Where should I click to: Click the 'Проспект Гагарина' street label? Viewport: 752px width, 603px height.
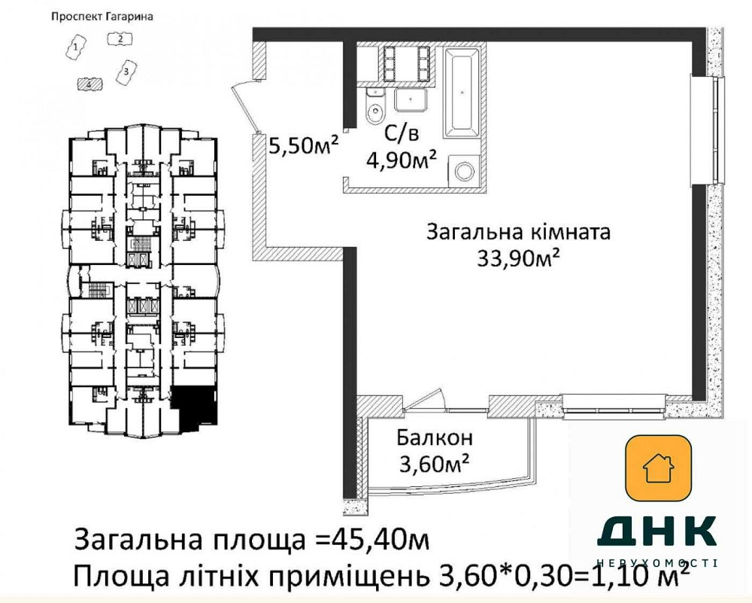click(102, 17)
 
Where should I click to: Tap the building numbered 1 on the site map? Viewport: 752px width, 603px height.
click(76, 50)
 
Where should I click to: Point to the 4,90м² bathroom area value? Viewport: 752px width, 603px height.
click(402, 160)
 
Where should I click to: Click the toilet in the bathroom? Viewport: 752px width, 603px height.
click(374, 111)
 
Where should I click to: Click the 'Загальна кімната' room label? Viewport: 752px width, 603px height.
click(518, 232)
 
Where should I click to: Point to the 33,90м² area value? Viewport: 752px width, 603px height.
click(518, 258)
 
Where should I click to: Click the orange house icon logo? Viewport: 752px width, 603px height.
click(658, 469)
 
